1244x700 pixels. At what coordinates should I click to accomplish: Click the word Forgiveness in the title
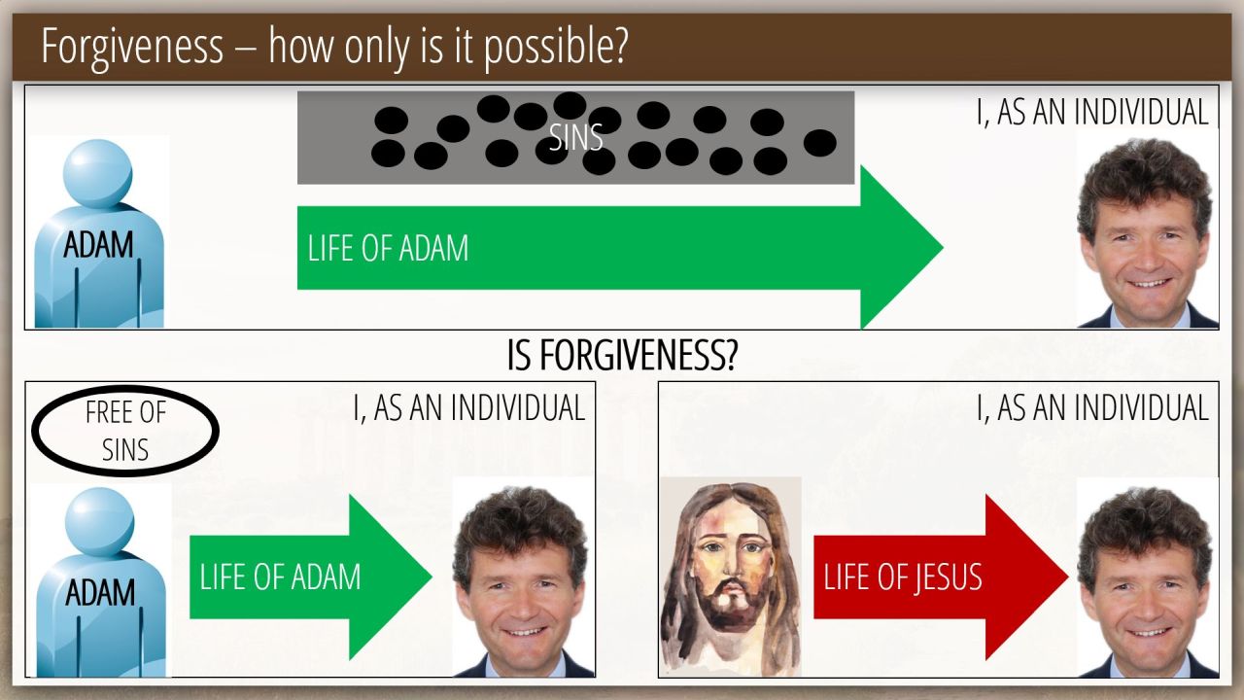click(x=133, y=47)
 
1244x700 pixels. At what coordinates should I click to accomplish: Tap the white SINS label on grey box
click(x=576, y=137)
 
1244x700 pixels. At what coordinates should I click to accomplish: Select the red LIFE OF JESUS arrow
click(x=941, y=577)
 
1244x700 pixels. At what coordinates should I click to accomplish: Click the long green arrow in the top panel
click(x=620, y=248)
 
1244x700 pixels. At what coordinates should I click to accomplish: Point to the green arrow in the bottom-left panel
click(x=310, y=577)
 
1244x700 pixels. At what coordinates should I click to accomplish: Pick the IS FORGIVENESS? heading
click(x=623, y=356)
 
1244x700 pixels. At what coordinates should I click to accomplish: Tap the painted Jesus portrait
click(x=730, y=577)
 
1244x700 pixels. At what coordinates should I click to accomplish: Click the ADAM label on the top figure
click(x=98, y=245)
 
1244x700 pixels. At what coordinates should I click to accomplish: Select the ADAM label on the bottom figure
click(x=100, y=593)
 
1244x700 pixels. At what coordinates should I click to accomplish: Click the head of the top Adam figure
click(x=98, y=174)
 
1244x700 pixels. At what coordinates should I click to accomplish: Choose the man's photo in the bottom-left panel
click(x=523, y=578)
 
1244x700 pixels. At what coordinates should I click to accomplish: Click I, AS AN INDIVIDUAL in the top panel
click(x=1092, y=112)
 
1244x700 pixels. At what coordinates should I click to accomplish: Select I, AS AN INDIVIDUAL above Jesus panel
click(x=1092, y=407)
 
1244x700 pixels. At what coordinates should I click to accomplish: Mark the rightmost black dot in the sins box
click(x=819, y=143)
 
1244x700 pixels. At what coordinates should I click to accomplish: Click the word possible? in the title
click(x=556, y=47)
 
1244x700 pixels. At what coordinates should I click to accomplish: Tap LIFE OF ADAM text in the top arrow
click(x=388, y=248)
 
